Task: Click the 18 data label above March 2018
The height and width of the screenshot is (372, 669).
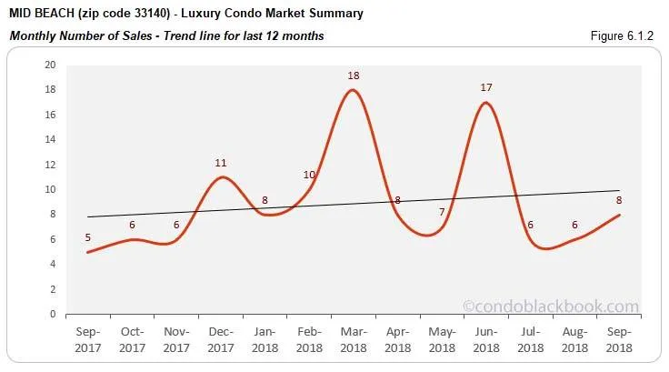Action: point(354,75)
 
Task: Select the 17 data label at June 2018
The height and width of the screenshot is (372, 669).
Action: point(487,88)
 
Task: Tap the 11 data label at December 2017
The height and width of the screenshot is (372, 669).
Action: point(221,163)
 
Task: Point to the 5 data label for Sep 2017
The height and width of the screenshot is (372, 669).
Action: point(89,238)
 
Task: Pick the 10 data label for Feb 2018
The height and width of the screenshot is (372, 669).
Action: point(309,175)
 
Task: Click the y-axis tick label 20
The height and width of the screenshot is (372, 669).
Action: point(49,65)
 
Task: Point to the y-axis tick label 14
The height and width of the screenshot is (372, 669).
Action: point(49,140)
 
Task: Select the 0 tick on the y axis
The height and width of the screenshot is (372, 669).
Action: point(52,315)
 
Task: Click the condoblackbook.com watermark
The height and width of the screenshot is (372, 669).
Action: point(551,307)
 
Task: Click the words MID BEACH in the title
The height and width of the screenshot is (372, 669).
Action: point(40,14)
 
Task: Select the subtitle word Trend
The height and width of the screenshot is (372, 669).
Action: point(179,35)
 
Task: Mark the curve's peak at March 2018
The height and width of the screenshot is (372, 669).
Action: point(354,90)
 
